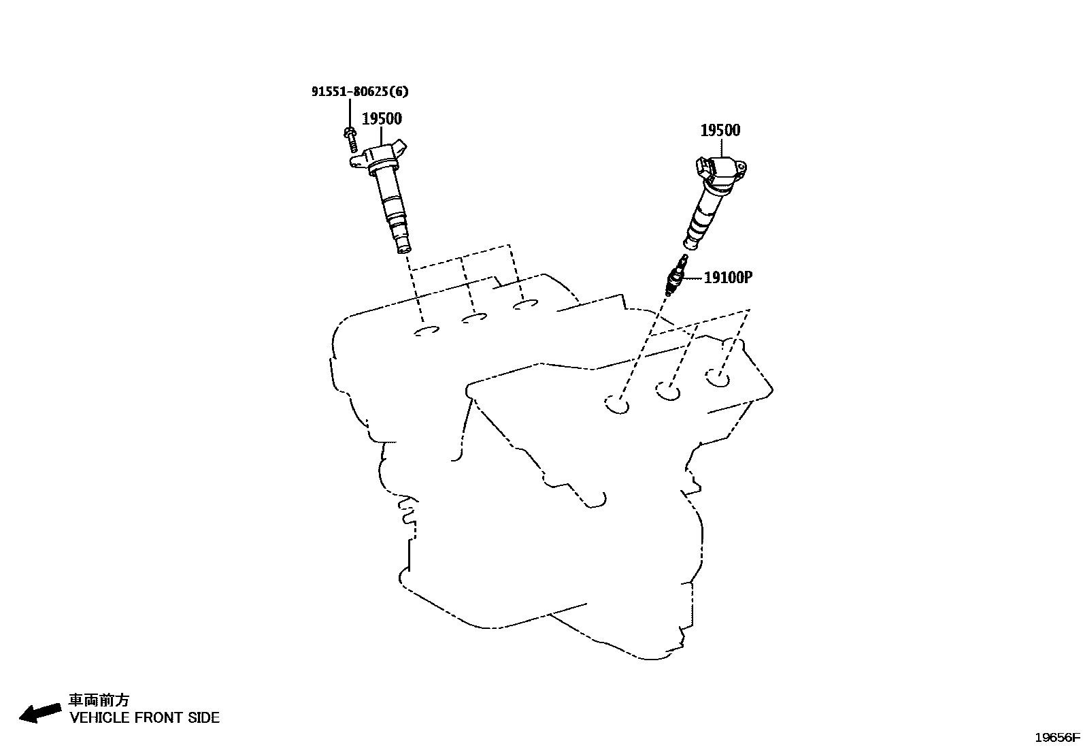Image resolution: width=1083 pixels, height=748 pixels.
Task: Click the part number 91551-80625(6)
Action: point(360,91)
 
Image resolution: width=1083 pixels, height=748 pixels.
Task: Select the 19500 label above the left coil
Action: point(382,118)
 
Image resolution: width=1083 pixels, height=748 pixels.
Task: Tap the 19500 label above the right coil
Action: point(720,130)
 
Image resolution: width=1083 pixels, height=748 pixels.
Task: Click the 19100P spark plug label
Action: point(728,278)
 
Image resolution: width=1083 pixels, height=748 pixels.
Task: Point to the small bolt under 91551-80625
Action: point(351,140)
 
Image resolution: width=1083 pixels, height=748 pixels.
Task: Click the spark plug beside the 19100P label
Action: point(676,275)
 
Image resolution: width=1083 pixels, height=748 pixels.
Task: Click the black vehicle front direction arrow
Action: point(40,713)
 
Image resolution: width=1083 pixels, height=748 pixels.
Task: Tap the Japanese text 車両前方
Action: point(99,700)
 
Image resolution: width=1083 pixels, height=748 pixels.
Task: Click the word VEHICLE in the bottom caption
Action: point(99,717)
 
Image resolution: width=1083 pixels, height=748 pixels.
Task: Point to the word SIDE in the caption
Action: point(203,717)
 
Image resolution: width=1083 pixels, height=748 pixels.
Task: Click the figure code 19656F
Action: point(1057,737)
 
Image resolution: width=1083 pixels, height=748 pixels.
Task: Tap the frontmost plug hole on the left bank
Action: point(427,331)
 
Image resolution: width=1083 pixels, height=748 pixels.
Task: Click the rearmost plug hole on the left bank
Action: point(526,304)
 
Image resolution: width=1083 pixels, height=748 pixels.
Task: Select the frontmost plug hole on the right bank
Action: point(617,404)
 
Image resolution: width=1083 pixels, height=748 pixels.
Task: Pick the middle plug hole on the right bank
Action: point(668,391)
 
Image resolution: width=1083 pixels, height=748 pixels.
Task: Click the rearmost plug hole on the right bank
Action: point(718,378)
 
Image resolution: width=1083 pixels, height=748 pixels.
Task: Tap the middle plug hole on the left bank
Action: point(474,318)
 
